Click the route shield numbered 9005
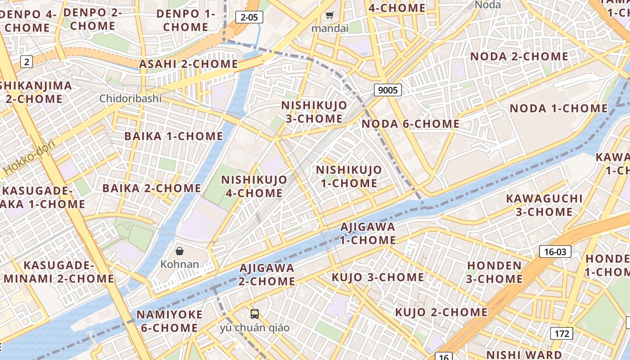click(387, 90)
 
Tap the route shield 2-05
click(249, 18)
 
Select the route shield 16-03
click(555, 252)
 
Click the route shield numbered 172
click(561, 333)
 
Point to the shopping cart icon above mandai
click(330, 16)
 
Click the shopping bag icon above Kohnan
click(180, 251)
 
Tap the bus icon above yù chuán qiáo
click(255, 314)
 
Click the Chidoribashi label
click(130, 98)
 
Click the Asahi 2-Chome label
click(188, 64)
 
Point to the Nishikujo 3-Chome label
click(314, 112)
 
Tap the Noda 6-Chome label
click(410, 124)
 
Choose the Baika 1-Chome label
click(174, 136)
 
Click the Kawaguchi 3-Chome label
click(544, 205)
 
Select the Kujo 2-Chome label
click(441, 312)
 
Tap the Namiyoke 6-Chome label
click(170, 321)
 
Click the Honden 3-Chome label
click(494, 272)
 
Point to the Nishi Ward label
click(524, 355)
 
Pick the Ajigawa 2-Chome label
click(267, 274)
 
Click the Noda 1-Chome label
click(558, 108)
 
